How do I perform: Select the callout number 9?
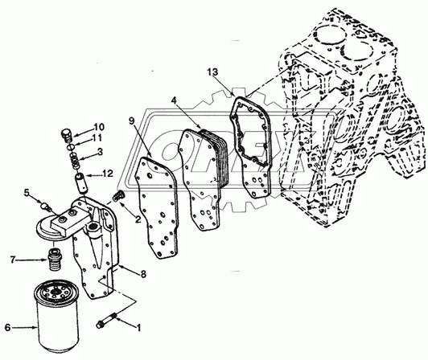130,121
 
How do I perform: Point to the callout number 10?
99,127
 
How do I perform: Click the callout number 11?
99,138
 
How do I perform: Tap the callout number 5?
27,192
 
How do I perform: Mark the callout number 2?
116,219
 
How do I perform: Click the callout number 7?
13,260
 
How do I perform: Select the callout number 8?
142,274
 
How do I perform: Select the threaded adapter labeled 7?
56,260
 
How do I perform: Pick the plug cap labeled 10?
67,133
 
